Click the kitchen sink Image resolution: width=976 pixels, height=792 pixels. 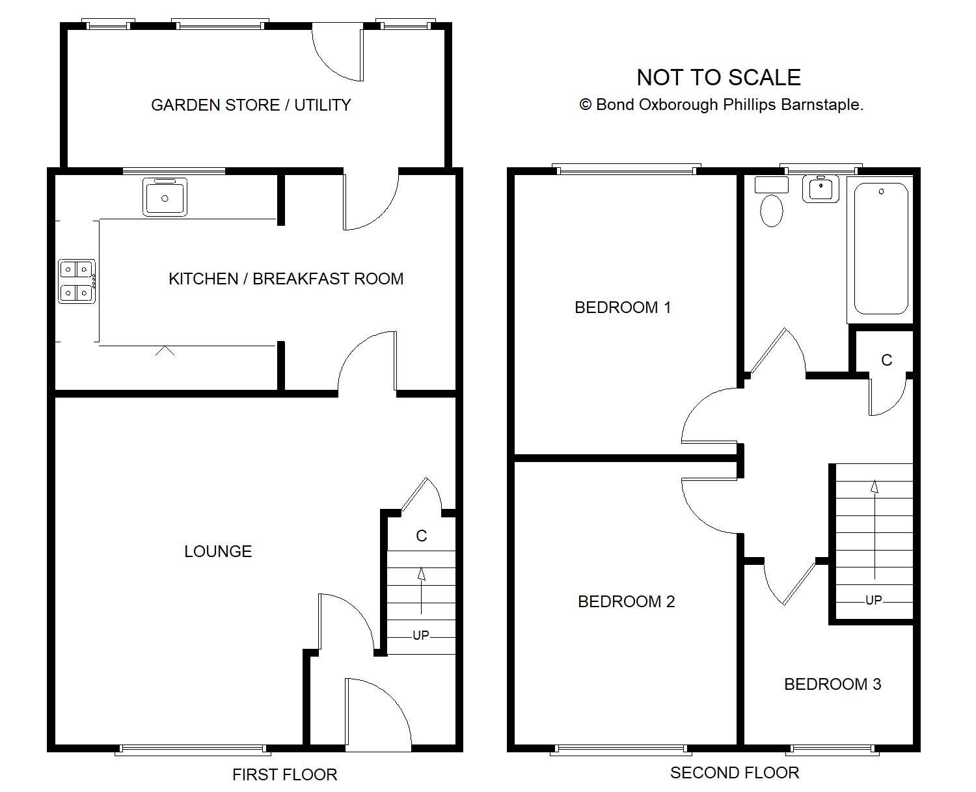(165, 197)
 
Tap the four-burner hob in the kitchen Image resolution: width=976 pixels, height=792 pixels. (77, 281)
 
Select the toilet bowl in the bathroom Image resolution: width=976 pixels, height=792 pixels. (772, 211)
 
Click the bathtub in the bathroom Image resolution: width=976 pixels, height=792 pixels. (881, 249)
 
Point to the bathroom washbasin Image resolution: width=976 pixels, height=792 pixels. (820, 189)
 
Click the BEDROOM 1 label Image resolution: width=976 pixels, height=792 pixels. (623, 308)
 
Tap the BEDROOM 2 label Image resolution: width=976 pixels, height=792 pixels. (627, 601)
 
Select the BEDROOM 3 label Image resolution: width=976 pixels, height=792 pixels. (833, 684)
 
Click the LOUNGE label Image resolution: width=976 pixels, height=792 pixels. (218, 551)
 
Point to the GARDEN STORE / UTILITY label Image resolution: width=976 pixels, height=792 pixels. (251, 105)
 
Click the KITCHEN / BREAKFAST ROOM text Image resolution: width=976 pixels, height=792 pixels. (286, 279)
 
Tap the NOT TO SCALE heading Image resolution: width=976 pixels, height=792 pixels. (718, 77)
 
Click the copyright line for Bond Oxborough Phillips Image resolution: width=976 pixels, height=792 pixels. (721, 105)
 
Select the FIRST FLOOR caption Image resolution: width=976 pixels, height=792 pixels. (284, 774)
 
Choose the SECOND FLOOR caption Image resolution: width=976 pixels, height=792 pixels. (735, 772)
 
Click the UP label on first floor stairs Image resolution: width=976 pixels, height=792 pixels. (420, 635)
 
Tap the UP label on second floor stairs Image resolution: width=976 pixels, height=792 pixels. (873, 600)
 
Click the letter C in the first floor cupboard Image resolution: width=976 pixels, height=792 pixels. (422, 536)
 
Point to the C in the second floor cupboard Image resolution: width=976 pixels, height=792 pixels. (887, 361)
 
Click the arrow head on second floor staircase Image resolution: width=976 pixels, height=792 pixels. (874, 486)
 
